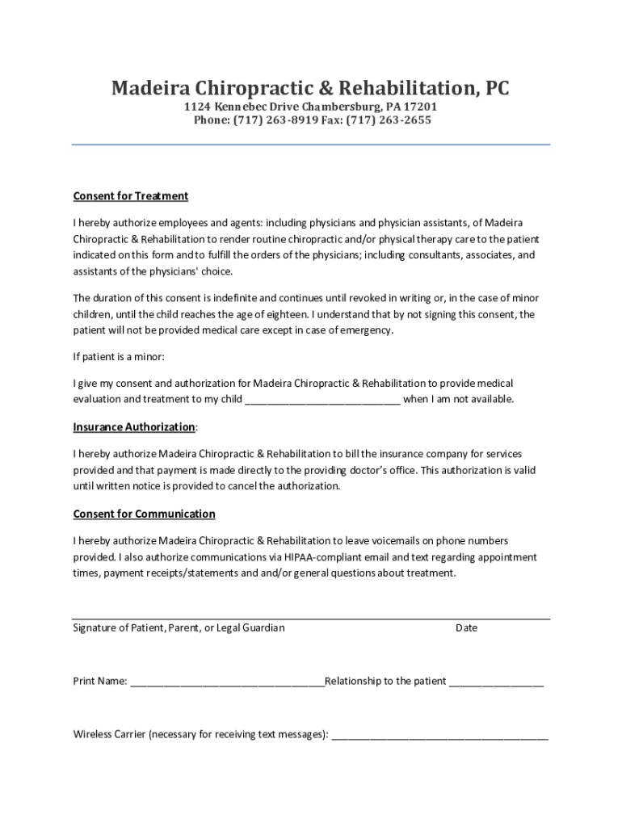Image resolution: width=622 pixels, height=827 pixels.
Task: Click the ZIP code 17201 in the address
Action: (x=421, y=107)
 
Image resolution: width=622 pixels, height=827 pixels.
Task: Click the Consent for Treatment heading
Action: (x=131, y=196)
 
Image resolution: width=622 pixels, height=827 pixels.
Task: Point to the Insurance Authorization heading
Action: (x=134, y=426)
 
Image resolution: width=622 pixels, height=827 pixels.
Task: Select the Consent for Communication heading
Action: (x=145, y=514)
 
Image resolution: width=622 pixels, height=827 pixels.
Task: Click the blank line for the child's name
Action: (x=322, y=400)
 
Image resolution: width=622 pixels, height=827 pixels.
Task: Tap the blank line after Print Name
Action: (x=227, y=682)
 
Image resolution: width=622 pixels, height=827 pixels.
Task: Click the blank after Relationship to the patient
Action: (x=497, y=682)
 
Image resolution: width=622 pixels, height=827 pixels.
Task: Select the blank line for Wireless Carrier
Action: (x=439, y=735)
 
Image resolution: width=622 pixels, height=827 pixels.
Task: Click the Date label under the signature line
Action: (x=467, y=628)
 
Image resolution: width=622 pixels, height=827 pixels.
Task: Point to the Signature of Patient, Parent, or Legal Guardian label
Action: (x=179, y=628)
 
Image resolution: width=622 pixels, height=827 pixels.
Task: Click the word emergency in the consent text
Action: (x=367, y=330)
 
